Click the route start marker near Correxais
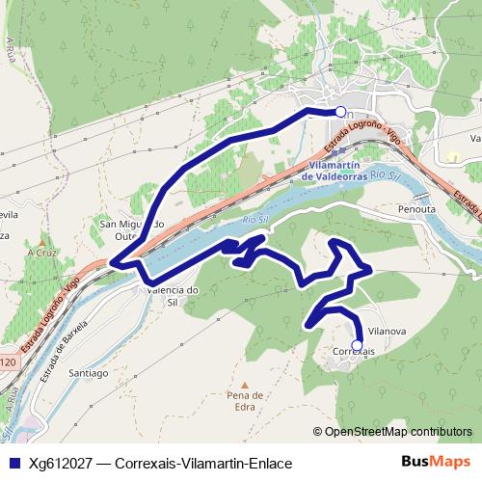358,344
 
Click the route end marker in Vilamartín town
339,111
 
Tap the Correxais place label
353,353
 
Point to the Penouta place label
417,207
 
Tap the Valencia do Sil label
169,295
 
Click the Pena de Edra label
245,401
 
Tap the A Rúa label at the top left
13,45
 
